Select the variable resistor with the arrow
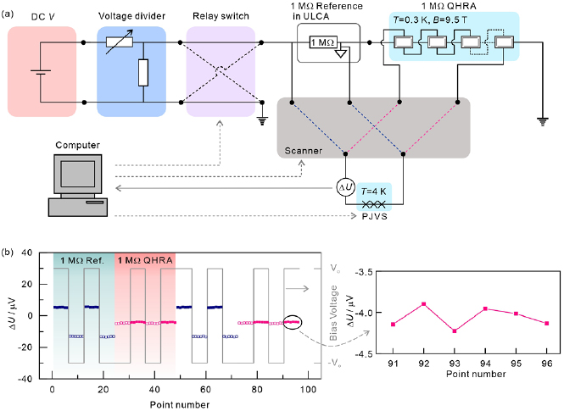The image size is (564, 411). click(x=120, y=43)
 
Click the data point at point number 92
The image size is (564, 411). click(x=424, y=304)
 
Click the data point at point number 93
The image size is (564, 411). click(x=455, y=331)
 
